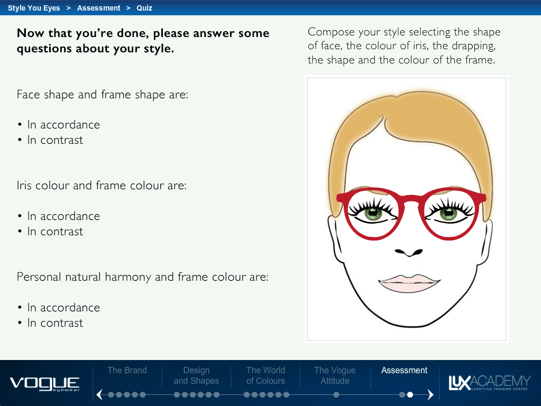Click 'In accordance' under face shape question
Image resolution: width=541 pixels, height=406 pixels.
click(x=63, y=125)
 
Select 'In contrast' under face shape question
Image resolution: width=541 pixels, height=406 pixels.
click(x=55, y=140)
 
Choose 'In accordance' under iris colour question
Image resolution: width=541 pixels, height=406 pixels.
click(x=63, y=216)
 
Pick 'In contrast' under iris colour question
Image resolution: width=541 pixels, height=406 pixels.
click(x=55, y=232)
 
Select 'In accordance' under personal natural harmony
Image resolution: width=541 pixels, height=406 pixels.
click(x=63, y=307)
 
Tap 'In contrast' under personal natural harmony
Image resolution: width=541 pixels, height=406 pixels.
click(x=55, y=323)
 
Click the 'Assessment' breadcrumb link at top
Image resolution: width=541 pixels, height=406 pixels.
click(x=99, y=8)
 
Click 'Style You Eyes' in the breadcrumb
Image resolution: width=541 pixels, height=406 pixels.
click(x=34, y=8)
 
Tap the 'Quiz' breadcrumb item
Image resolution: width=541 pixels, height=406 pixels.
click(x=144, y=8)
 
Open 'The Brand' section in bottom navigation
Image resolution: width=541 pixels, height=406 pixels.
click(x=127, y=370)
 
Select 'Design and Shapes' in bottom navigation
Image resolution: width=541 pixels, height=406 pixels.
click(x=196, y=375)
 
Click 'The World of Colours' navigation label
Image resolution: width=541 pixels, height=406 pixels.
click(x=265, y=375)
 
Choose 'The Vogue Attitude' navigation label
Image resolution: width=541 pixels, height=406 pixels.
click(x=335, y=375)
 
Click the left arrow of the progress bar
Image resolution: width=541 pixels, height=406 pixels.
click(x=99, y=394)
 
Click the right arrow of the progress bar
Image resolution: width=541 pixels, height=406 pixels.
click(x=430, y=394)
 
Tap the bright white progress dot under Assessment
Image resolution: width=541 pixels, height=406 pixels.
click(x=410, y=394)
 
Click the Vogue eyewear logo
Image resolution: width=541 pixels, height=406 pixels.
click(x=45, y=384)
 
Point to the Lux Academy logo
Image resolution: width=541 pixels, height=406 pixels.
click(x=490, y=383)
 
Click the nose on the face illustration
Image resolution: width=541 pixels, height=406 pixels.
click(x=409, y=253)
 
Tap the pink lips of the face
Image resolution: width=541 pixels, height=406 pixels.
click(x=409, y=283)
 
